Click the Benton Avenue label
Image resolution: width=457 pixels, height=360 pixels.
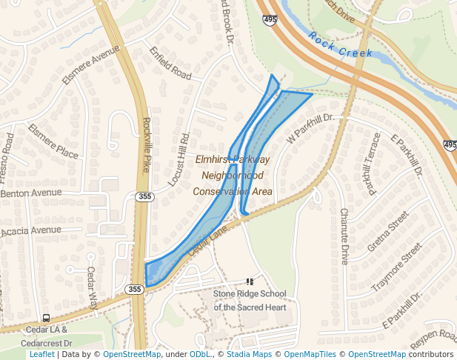click(x=31, y=193)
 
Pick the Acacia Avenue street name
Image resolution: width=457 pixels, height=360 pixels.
click(x=31, y=230)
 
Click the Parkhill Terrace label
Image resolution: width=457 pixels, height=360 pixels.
click(x=370, y=165)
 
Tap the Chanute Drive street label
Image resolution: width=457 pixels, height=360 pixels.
click(x=344, y=236)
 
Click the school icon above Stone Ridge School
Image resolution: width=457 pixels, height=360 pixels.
click(x=250, y=281)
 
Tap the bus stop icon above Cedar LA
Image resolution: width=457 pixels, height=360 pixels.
click(x=46, y=317)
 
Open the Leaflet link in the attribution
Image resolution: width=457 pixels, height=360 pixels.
click(x=42, y=354)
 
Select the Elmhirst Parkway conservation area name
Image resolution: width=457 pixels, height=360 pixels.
click(x=233, y=176)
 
